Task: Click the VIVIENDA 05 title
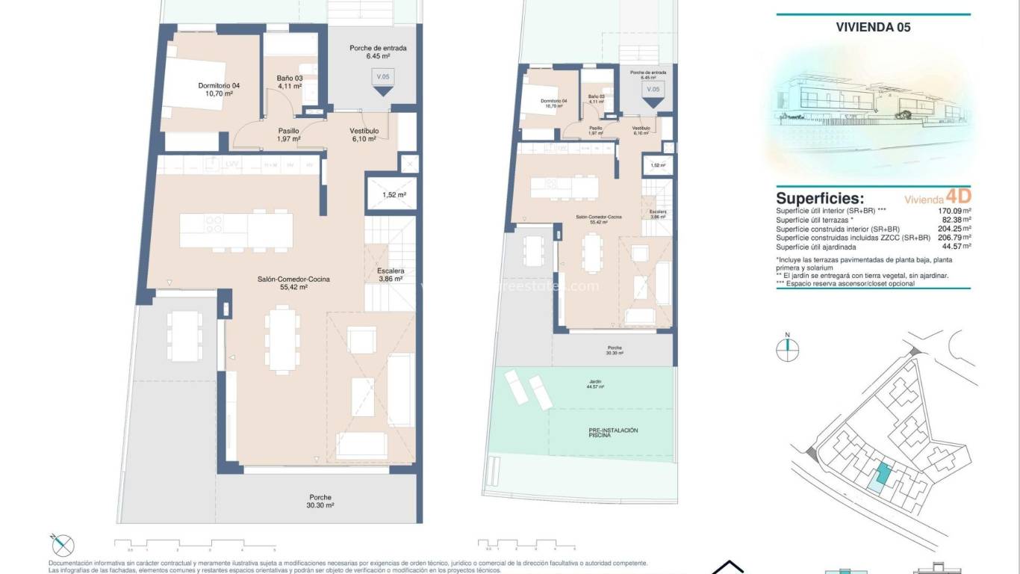(x=873, y=27)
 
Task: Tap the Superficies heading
(x=820, y=198)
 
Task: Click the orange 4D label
(x=958, y=197)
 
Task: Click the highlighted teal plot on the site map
(x=883, y=473)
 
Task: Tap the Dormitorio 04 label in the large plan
(x=219, y=90)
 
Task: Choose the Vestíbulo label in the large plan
(x=364, y=135)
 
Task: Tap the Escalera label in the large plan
(x=391, y=274)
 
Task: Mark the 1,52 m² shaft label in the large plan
(x=394, y=195)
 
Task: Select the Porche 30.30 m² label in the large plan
(x=320, y=501)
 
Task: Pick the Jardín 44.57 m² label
(x=595, y=384)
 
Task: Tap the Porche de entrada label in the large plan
(x=378, y=52)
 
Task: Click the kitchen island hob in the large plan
(x=213, y=224)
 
